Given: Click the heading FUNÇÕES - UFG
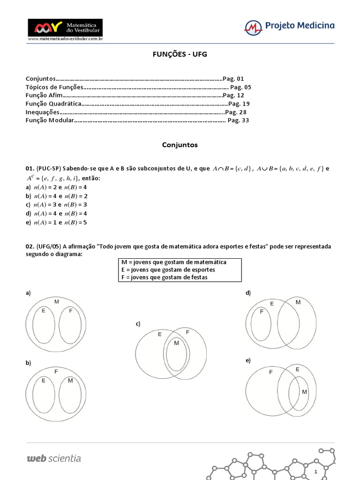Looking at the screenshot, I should [180, 54].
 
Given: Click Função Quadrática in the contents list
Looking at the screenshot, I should [53, 104].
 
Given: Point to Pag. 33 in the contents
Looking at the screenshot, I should [238, 120].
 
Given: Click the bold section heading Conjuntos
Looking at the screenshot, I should [180, 145].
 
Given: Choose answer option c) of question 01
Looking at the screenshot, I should [57, 205].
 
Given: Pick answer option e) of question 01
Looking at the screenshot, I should [57, 222].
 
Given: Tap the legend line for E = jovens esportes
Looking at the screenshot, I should [168, 270].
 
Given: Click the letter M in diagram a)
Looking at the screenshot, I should [56, 302].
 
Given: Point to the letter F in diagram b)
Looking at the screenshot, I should [56, 371].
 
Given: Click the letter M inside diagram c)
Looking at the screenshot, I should [176, 344].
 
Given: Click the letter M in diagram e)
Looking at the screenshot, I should [304, 391].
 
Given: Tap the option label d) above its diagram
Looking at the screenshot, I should [248, 293].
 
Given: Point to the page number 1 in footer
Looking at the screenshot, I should [316, 471].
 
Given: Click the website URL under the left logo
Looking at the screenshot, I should [65, 39].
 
